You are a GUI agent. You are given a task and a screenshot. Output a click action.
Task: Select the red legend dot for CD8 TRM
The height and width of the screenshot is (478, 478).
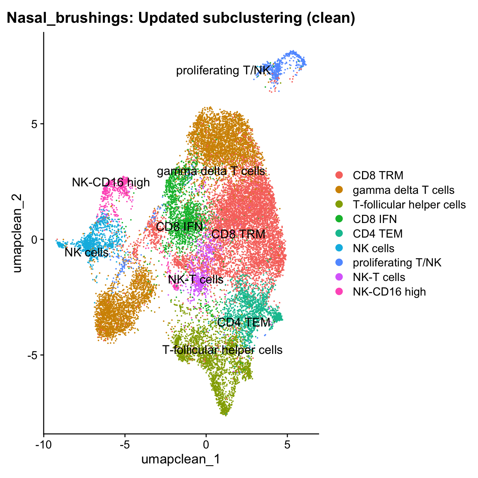pos(339,175)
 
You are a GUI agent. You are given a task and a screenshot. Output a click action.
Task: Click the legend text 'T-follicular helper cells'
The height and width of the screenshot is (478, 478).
pos(409,205)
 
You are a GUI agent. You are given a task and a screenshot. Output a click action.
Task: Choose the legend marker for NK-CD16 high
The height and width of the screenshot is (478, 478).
pos(339,292)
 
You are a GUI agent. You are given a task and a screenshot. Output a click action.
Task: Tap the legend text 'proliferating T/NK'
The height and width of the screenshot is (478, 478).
pos(397,263)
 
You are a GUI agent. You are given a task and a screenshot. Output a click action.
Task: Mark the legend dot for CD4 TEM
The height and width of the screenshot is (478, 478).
pos(339,234)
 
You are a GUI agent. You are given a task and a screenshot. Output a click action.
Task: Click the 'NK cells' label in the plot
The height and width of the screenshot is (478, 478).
pos(86,253)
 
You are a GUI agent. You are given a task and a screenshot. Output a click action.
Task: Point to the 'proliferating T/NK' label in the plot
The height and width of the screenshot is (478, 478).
pos(223,70)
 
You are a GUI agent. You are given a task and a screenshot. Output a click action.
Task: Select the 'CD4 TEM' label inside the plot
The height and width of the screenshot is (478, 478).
pos(244,322)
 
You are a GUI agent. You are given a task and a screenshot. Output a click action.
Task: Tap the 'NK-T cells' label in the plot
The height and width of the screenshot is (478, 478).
pos(196,280)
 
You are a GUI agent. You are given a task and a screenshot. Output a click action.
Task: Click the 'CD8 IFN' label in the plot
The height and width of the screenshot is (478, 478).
pos(179,227)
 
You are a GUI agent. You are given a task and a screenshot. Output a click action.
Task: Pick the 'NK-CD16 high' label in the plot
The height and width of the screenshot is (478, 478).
pos(111,183)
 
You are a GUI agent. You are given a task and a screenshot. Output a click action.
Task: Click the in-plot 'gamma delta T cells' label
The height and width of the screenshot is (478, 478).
pos(211,171)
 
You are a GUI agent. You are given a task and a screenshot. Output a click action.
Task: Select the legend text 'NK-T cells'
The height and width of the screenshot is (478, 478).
pos(379,277)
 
